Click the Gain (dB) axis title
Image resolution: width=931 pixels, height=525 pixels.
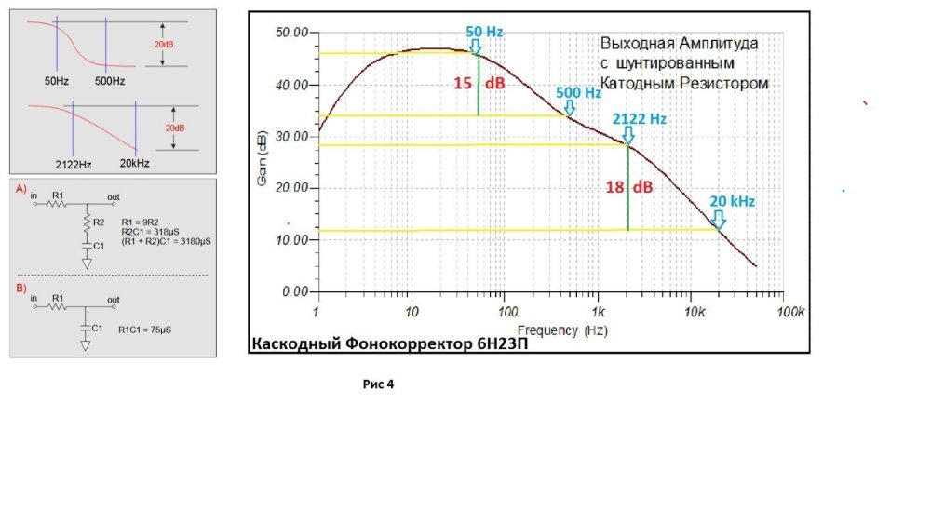click(263, 162)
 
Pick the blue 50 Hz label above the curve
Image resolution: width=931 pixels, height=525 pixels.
click(484, 32)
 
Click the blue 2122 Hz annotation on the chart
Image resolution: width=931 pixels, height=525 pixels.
click(640, 119)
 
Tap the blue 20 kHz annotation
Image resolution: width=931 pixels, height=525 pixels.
click(732, 201)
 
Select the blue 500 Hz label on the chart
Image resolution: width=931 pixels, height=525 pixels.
click(579, 92)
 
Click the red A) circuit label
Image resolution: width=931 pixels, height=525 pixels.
click(21, 188)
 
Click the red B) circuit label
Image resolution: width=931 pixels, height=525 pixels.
click(21, 289)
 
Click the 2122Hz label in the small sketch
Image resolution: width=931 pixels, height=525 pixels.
click(72, 164)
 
